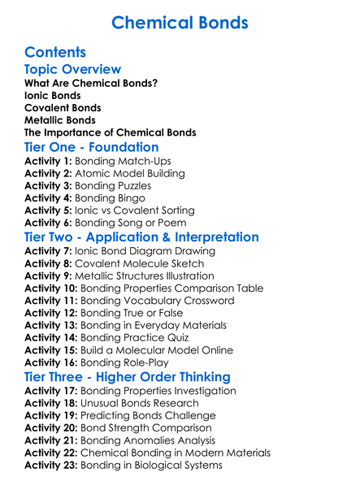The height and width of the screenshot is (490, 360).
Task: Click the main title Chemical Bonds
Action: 180,22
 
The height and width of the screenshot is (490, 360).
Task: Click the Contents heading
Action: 55,53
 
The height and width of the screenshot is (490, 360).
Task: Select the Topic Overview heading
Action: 73,70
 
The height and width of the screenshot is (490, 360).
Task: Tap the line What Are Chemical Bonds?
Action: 91,83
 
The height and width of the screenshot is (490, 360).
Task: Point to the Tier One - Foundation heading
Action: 92,147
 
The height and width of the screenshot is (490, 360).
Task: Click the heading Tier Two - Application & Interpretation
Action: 142,237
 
